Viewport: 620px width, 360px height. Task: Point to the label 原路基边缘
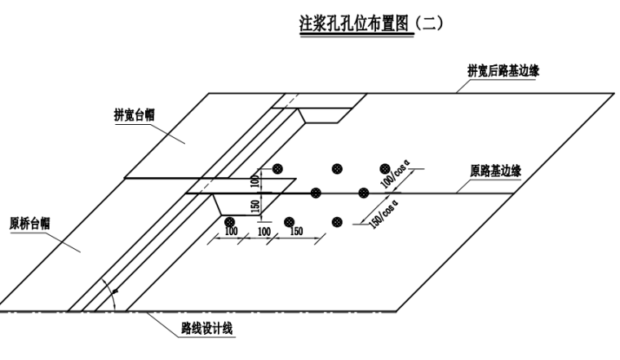(x=496, y=171)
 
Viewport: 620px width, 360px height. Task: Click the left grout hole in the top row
(x=278, y=168)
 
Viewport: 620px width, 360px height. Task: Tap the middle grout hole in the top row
(x=336, y=168)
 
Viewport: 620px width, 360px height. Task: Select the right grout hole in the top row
(x=386, y=168)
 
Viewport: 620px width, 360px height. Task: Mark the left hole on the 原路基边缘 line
(x=317, y=193)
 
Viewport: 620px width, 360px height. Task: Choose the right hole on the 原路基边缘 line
(x=364, y=193)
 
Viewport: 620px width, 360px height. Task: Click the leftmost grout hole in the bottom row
(x=230, y=221)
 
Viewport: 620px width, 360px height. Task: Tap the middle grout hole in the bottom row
(x=289, y=221)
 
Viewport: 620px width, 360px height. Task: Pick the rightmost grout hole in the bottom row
(x=337, y=221)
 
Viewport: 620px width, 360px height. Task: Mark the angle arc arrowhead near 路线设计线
(x=115, y=291)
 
